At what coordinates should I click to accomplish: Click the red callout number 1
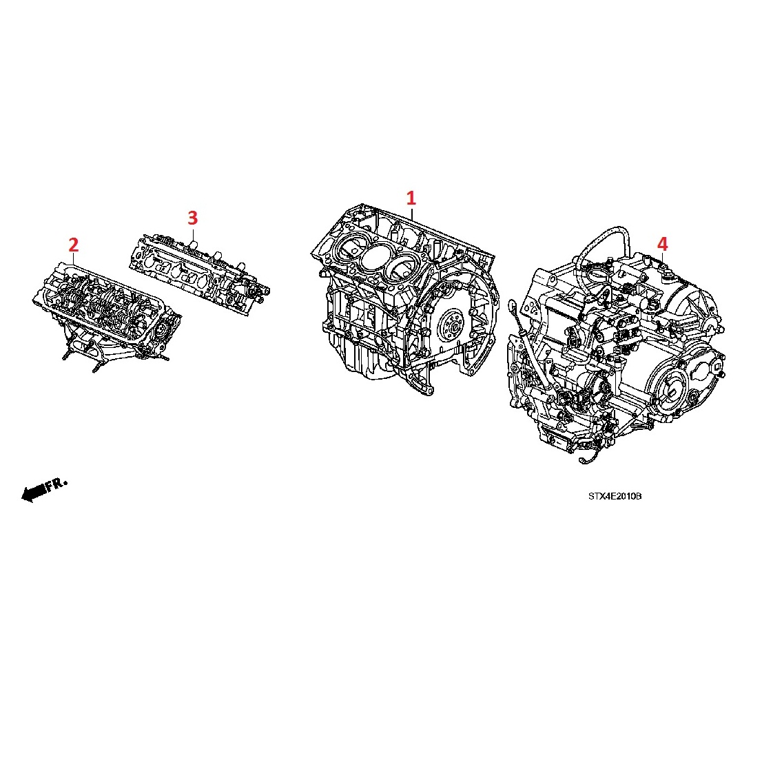coord(411,198)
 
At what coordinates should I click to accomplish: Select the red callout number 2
coord(74,245)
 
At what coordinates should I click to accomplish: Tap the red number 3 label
coord(193,218)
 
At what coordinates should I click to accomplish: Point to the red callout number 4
coord(663,244)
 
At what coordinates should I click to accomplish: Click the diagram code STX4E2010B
coord(615,496)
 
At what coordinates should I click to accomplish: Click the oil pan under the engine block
coord(360,360)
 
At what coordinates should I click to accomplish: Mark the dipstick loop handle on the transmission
coord(512,306)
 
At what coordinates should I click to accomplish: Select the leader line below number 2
coord(74,258)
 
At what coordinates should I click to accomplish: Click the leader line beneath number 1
coord(411,212)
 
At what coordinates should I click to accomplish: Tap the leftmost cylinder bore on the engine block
coord(351,245)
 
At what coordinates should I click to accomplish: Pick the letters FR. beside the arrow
coord(56,484)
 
